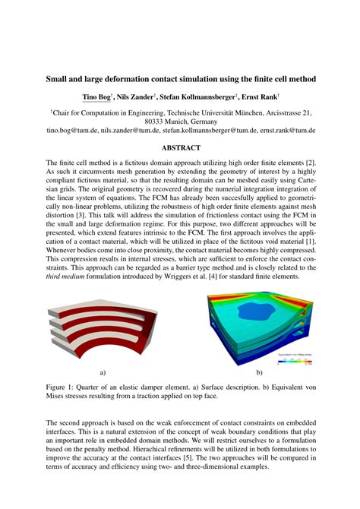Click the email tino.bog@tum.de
point(73,131)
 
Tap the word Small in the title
point(61,78)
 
